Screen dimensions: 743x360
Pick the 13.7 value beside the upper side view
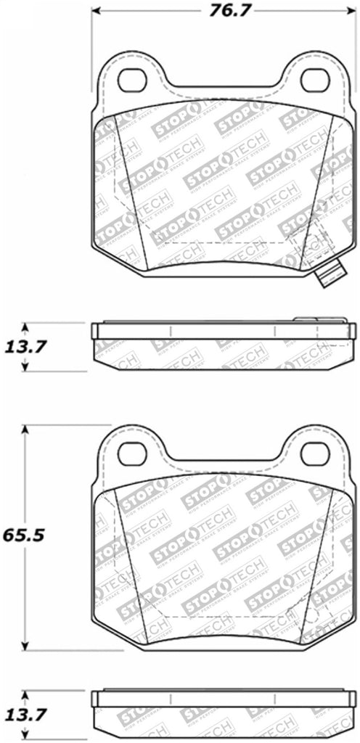(x=27, y=347)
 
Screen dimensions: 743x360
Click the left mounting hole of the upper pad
(x=132, y=79)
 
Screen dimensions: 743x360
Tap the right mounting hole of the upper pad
(x=315, y=79)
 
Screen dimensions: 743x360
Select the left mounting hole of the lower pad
(x=132, y=453)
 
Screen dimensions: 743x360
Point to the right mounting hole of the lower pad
(x=315, y=453)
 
